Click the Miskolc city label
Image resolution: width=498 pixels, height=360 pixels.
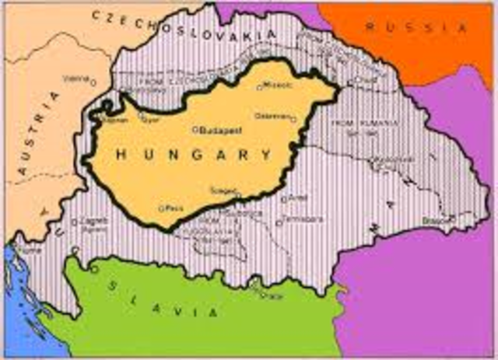(277, 85)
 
